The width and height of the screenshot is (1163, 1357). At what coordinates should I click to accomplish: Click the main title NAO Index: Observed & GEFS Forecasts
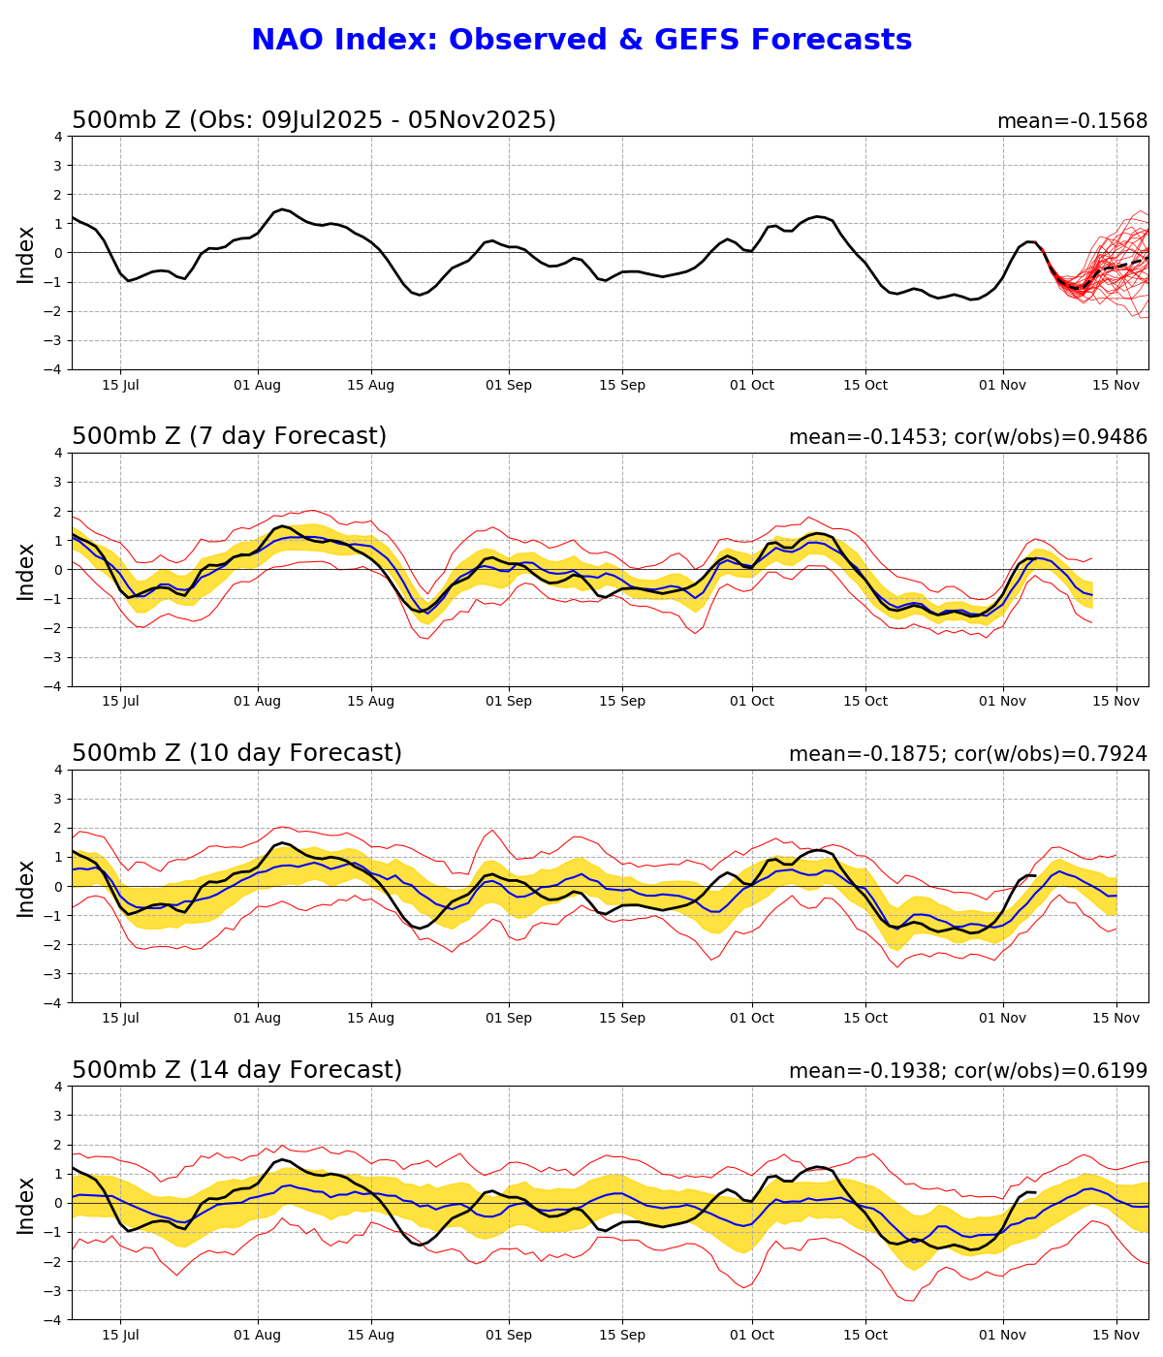[x=581, y=40]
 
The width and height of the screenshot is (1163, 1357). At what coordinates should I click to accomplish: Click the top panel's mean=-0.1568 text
[x=1072, y=121]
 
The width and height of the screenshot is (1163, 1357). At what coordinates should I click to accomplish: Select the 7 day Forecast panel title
[x=229, y=436]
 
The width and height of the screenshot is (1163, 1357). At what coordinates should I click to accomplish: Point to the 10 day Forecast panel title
[x=236, y=753]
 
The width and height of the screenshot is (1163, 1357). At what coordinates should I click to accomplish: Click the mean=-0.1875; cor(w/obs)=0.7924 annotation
[x=967, y=754]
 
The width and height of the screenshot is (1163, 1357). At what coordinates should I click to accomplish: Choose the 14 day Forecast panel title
[x=236, y=1070]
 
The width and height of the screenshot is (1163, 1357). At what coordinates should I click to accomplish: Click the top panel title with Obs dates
[x=314, y=120]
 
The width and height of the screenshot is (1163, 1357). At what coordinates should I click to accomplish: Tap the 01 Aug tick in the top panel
[x=258, y=385]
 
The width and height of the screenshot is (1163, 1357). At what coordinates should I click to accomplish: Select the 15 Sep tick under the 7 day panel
[x=621, y=701]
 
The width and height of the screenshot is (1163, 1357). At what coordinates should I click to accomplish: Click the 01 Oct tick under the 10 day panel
[x=751, y=1018]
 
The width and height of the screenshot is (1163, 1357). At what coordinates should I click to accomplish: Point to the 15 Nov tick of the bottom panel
[x=1116, y=1335]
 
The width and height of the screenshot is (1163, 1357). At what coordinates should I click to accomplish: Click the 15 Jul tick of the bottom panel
[x=120, y=1335]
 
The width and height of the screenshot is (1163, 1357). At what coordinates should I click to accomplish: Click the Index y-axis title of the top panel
[x=26, y=254]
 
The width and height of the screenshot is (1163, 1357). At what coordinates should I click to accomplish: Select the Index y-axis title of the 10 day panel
[x=26, y=887]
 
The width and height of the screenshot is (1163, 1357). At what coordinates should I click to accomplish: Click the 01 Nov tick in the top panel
[x=1002, y=385]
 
